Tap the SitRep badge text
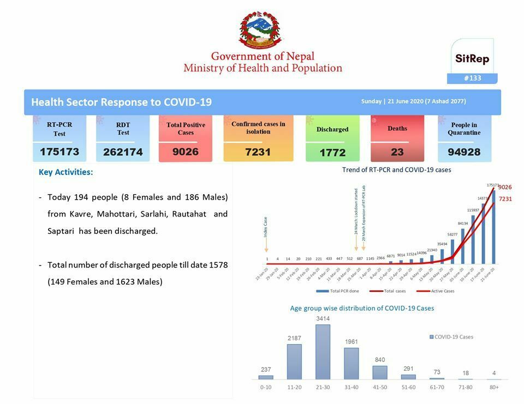472,59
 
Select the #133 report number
472,78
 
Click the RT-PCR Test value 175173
59,152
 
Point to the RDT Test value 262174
123,152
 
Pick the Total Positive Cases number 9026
186,152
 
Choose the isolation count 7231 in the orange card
258,152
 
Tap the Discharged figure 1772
332,153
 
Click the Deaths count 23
397,152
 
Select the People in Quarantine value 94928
464,152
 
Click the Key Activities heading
65,172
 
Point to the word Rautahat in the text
189,214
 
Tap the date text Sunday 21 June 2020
413,101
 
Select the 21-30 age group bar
323,352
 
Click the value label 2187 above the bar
294,339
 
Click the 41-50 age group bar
379,372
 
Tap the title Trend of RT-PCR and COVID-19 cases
396,170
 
